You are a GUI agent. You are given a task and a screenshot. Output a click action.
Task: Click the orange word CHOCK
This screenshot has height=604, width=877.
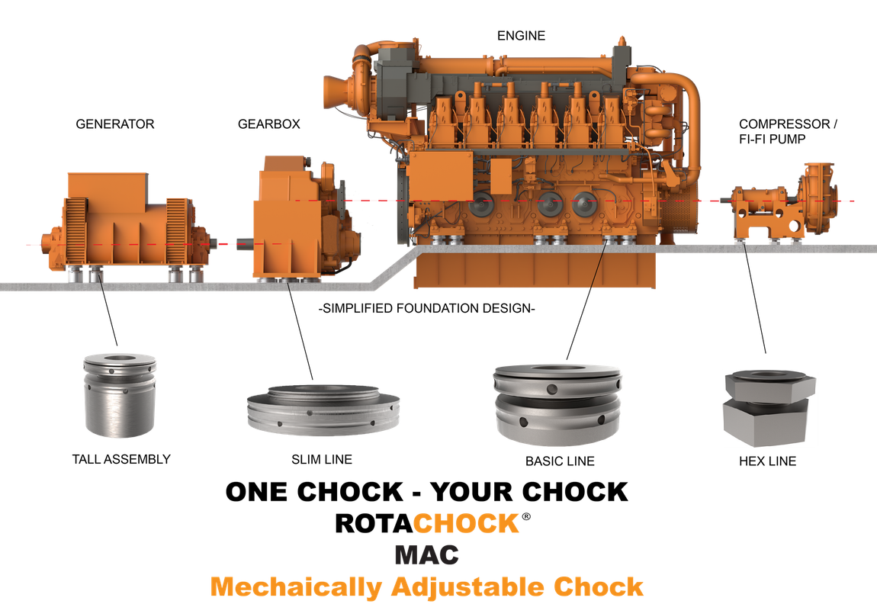click(x=465, y=524)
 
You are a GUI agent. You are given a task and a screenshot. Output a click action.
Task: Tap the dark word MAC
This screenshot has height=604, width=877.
click(x=426, y=554)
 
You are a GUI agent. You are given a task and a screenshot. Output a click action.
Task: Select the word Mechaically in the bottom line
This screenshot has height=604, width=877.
click(x=296, y=587)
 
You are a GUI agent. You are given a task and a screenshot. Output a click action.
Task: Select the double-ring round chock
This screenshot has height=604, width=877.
click(x=557, y=403)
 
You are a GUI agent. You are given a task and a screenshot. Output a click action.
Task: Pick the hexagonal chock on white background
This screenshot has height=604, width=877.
click(x=769, y=408)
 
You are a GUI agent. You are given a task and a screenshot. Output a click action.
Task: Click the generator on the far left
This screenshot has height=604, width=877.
click(x=126, y=225)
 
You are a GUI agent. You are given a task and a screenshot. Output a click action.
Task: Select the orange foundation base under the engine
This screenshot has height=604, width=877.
click(x=534, y=268)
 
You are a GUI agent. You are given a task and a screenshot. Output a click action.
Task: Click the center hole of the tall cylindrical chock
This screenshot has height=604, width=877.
click(x=120, y=358)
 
